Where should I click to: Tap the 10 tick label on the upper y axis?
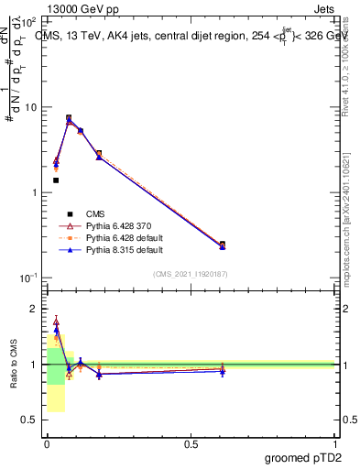click(30, 107)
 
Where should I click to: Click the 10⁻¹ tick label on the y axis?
click(28, 278)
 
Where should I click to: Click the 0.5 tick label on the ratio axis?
click(30, 421)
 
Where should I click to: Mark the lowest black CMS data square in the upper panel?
click(56, 180)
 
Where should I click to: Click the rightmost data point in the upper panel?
click(223, 245)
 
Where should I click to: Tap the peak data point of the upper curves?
click(69, 118)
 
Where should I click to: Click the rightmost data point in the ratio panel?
click(223, 369)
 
